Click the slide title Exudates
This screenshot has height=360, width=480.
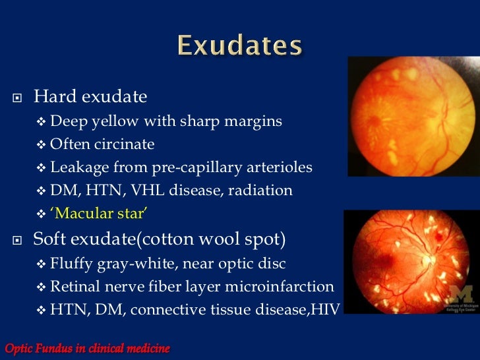tap(239, 47)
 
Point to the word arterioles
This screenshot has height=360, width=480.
tap(276, 167)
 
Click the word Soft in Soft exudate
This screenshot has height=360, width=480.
tap(51, 239)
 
